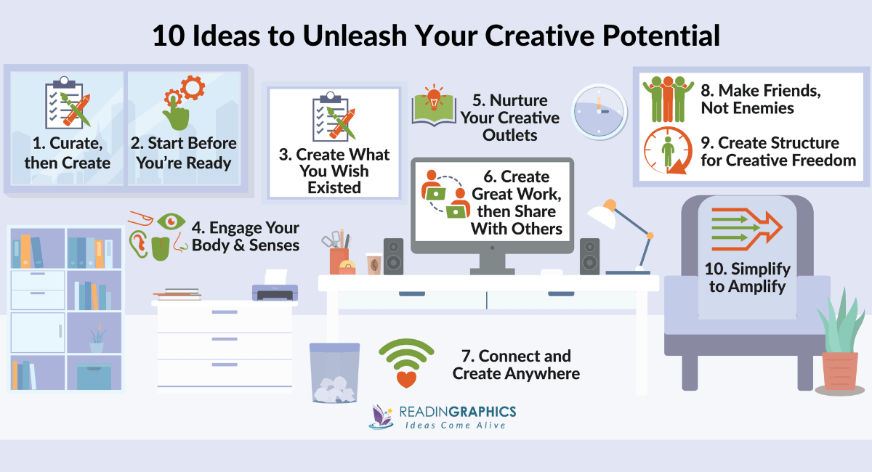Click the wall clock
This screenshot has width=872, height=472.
pyautogui.click(x=597, y=111)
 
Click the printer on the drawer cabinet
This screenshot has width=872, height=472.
pyautogui.click(x=275, y=289)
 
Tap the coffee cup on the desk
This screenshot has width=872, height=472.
pyautogui.click(x=374, y=264)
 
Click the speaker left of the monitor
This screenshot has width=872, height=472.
pyautogui.click(x=393, y=256)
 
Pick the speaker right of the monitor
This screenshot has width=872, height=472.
pyautogui.click(x=589, y=256)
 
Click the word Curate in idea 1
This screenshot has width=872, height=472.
pyautogui.click(x=76, y=143)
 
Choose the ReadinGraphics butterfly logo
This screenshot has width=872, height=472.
pyautogui.click(x=383, y=418)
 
